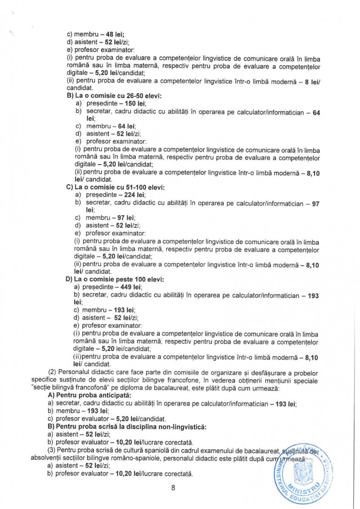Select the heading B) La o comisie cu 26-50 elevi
113,96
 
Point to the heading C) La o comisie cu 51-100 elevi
115,187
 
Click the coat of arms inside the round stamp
301,473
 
